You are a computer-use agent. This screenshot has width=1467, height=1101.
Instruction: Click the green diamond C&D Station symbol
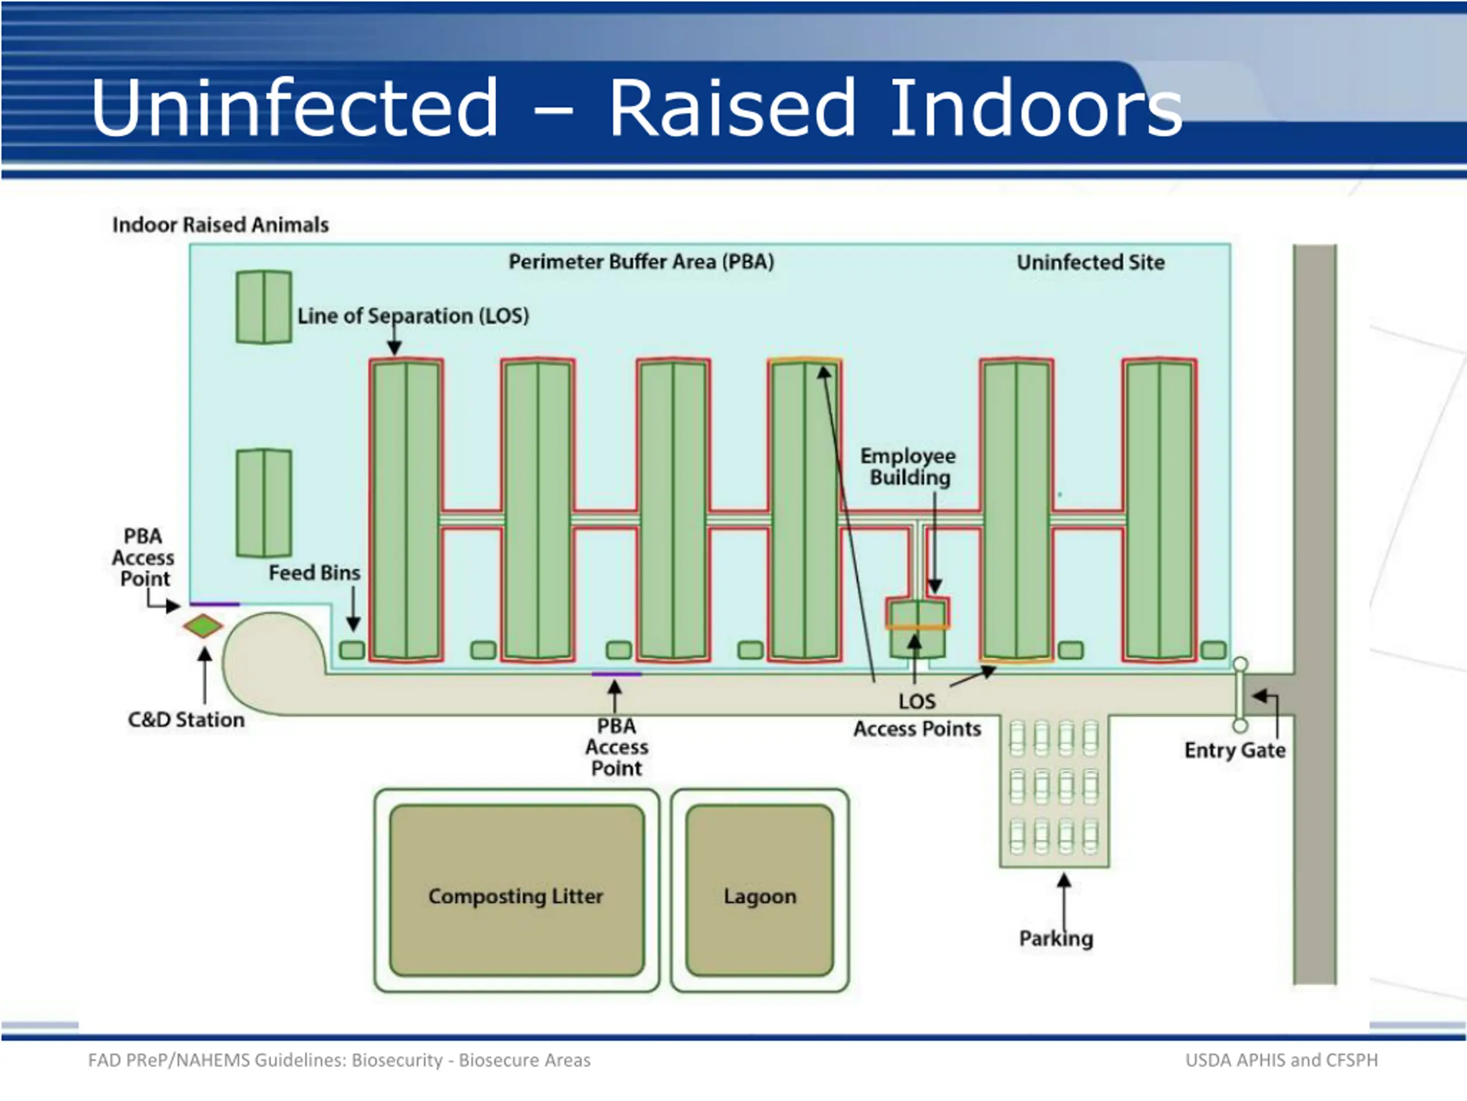[203, 626]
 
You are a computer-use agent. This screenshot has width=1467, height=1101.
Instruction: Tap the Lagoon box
[759, 890]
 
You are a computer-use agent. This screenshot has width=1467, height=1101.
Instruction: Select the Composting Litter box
[517, 890]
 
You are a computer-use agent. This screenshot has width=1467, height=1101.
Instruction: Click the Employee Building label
[909, 467]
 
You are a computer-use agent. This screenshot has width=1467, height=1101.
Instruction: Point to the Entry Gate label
[1235, 750]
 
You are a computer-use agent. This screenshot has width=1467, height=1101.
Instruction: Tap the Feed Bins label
[315, 573]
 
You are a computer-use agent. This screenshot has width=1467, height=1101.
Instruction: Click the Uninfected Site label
[1091, 262]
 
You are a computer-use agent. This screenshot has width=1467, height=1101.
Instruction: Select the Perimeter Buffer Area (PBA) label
[641, 261]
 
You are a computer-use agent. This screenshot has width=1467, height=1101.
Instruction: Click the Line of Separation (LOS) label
[413, 316]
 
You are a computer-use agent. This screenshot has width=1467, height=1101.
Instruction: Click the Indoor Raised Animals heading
[220, 225]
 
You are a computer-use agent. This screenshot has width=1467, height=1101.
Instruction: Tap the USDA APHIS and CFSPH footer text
[1281, 1060]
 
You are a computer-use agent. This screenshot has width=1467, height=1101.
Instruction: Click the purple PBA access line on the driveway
[616, 674]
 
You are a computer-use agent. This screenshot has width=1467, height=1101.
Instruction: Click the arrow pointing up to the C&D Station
[205, 675]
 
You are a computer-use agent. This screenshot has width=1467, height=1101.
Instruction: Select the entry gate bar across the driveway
[1240, 694]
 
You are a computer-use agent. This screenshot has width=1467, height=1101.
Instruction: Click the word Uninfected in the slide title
[295, 107]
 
